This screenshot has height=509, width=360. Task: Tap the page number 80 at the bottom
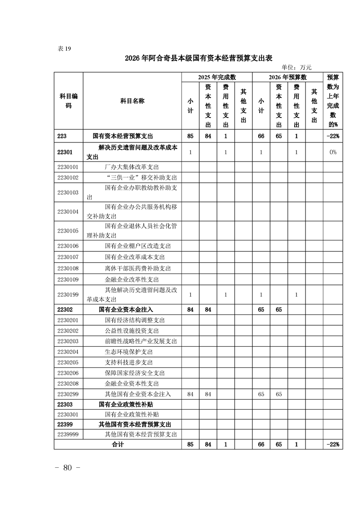(68, 468)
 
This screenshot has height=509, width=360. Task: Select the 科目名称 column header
(132, 101)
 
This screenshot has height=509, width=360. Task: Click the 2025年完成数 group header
(217, 77)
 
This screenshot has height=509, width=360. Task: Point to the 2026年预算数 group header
(287, 77)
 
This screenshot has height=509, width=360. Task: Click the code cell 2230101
(68, 167)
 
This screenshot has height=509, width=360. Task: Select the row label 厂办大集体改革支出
(132, 167)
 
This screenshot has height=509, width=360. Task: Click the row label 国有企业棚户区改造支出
(138, 246)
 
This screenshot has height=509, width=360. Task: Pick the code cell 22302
(66, 309)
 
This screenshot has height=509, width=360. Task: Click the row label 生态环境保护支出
(128, 352)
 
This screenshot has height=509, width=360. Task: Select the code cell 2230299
(68, 394)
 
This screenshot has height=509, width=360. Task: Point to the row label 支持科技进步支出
(128, 362)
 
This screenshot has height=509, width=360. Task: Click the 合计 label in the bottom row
(118, 445)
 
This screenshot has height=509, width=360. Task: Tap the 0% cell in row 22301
(333, 152)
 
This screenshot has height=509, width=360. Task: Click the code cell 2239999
(68, 434)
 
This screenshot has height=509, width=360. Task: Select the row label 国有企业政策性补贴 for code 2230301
(132, 414)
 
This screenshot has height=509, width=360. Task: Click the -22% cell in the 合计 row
(333, 445)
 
